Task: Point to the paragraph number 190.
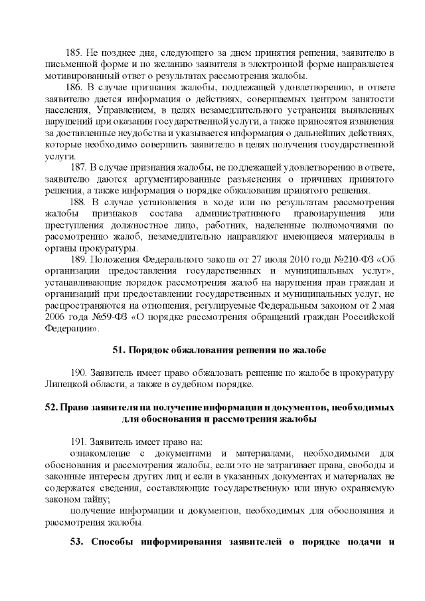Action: pos(78,373)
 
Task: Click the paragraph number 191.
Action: pos(78,442)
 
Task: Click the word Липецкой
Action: pos(69,385)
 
